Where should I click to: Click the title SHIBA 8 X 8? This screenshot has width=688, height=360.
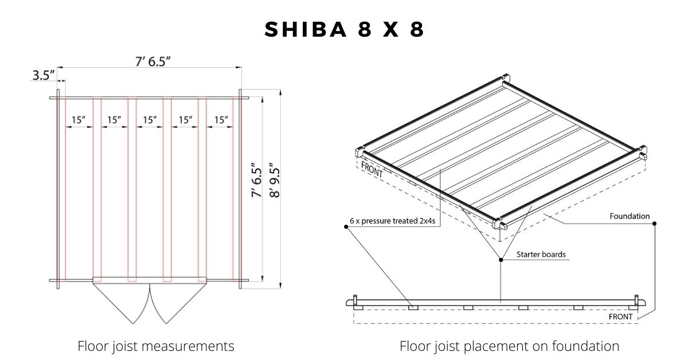(345, 29)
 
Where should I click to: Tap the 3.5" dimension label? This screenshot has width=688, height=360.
(44, 75)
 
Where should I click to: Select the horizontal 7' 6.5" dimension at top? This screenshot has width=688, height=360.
(153, 62)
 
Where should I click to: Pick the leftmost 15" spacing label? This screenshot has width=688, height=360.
(79, 120)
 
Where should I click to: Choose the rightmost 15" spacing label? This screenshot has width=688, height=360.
(221, 120)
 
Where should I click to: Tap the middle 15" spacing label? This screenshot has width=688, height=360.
(150, 120)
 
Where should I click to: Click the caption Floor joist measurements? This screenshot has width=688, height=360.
(156, 346)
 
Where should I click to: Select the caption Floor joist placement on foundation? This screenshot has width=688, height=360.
(509, 346)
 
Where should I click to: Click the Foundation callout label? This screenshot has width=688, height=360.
(630, 216)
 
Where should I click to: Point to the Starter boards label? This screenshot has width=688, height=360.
(541, 255)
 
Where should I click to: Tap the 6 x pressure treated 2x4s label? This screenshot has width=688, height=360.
(393, 221)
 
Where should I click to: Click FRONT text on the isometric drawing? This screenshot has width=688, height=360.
(372, 169)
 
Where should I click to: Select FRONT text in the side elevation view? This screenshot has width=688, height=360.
(621, 316)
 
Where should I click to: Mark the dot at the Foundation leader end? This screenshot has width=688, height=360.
(655, 224)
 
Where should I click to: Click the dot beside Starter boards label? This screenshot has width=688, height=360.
(501, 260)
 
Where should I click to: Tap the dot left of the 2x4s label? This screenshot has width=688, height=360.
(346, 226)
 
